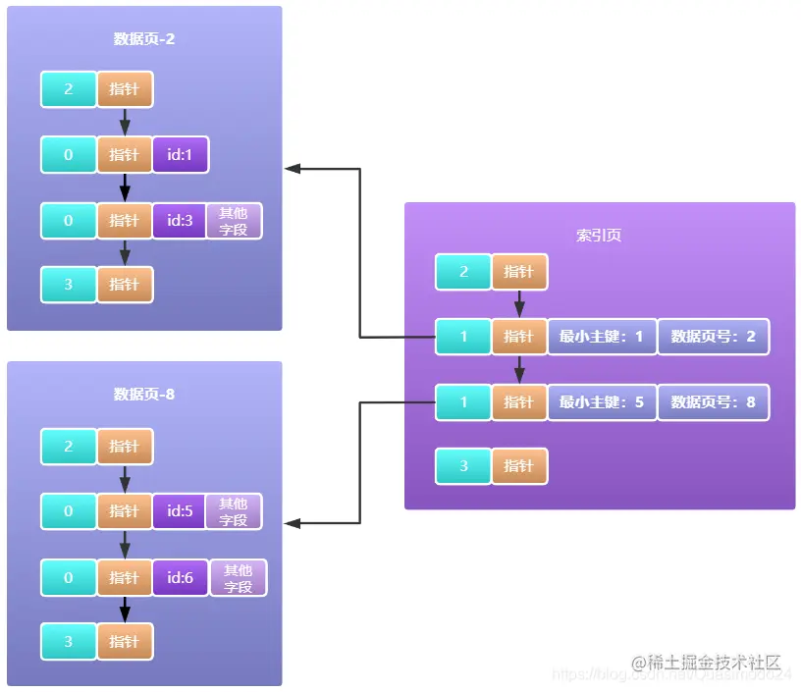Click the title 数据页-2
coord(144,39)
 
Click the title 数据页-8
coord(144,395)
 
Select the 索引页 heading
coord(599,236)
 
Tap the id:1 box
coord(180,155)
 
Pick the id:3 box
coord(180,221)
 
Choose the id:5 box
coord(180,511)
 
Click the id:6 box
coord(180,578)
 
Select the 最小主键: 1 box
coord(602,337)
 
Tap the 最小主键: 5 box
coord(602,402)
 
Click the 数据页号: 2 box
coord(714,337)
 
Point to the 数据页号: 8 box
coord(714,402)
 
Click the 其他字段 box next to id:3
coord(234,221)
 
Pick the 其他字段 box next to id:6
coord(238,578)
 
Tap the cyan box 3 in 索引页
coord(463,466)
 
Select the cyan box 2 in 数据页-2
coord(69,89)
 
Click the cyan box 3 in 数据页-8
coord(69,642)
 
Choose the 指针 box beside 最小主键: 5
coord(518,402)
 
